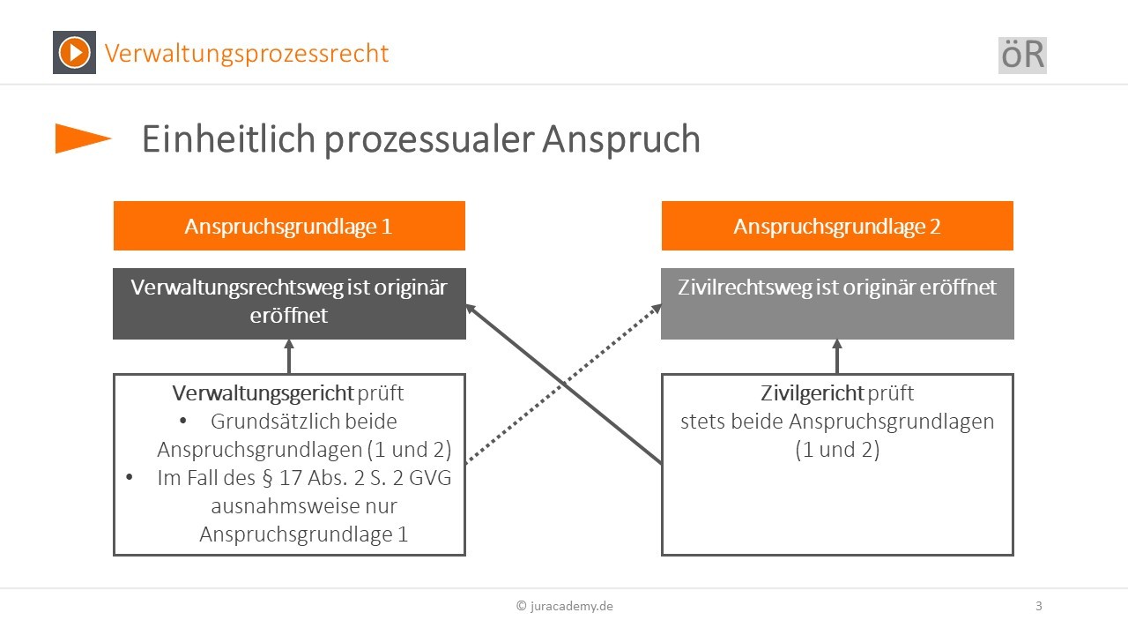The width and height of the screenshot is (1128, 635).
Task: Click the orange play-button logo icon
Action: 75,52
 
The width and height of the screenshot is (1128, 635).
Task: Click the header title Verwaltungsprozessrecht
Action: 246,54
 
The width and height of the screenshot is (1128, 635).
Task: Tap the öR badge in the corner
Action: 1022,56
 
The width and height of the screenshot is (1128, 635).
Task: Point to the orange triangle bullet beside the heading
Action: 83,138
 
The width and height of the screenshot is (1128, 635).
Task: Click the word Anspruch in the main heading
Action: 621,139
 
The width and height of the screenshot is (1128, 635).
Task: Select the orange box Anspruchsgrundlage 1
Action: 289,226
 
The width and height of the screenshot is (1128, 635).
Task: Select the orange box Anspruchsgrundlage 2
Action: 837,226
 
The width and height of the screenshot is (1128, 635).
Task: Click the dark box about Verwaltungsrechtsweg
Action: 289,303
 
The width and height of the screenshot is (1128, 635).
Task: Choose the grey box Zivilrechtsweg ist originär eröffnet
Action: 837,303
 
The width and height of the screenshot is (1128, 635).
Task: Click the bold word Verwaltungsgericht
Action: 263,393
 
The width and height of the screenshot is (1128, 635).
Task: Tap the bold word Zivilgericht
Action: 812,393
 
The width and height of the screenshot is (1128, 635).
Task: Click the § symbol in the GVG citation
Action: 267,478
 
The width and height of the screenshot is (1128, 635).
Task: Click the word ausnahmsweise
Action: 304,506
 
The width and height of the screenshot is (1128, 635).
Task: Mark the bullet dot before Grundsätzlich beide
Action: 182,421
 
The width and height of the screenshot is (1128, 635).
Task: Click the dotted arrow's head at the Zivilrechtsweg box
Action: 657,308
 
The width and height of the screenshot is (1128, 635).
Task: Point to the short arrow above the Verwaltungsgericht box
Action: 289,356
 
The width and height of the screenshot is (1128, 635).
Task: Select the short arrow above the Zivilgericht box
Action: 837,356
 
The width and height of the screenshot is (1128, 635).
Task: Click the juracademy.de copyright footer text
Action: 565,606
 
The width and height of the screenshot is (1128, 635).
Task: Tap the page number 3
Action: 1038,606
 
